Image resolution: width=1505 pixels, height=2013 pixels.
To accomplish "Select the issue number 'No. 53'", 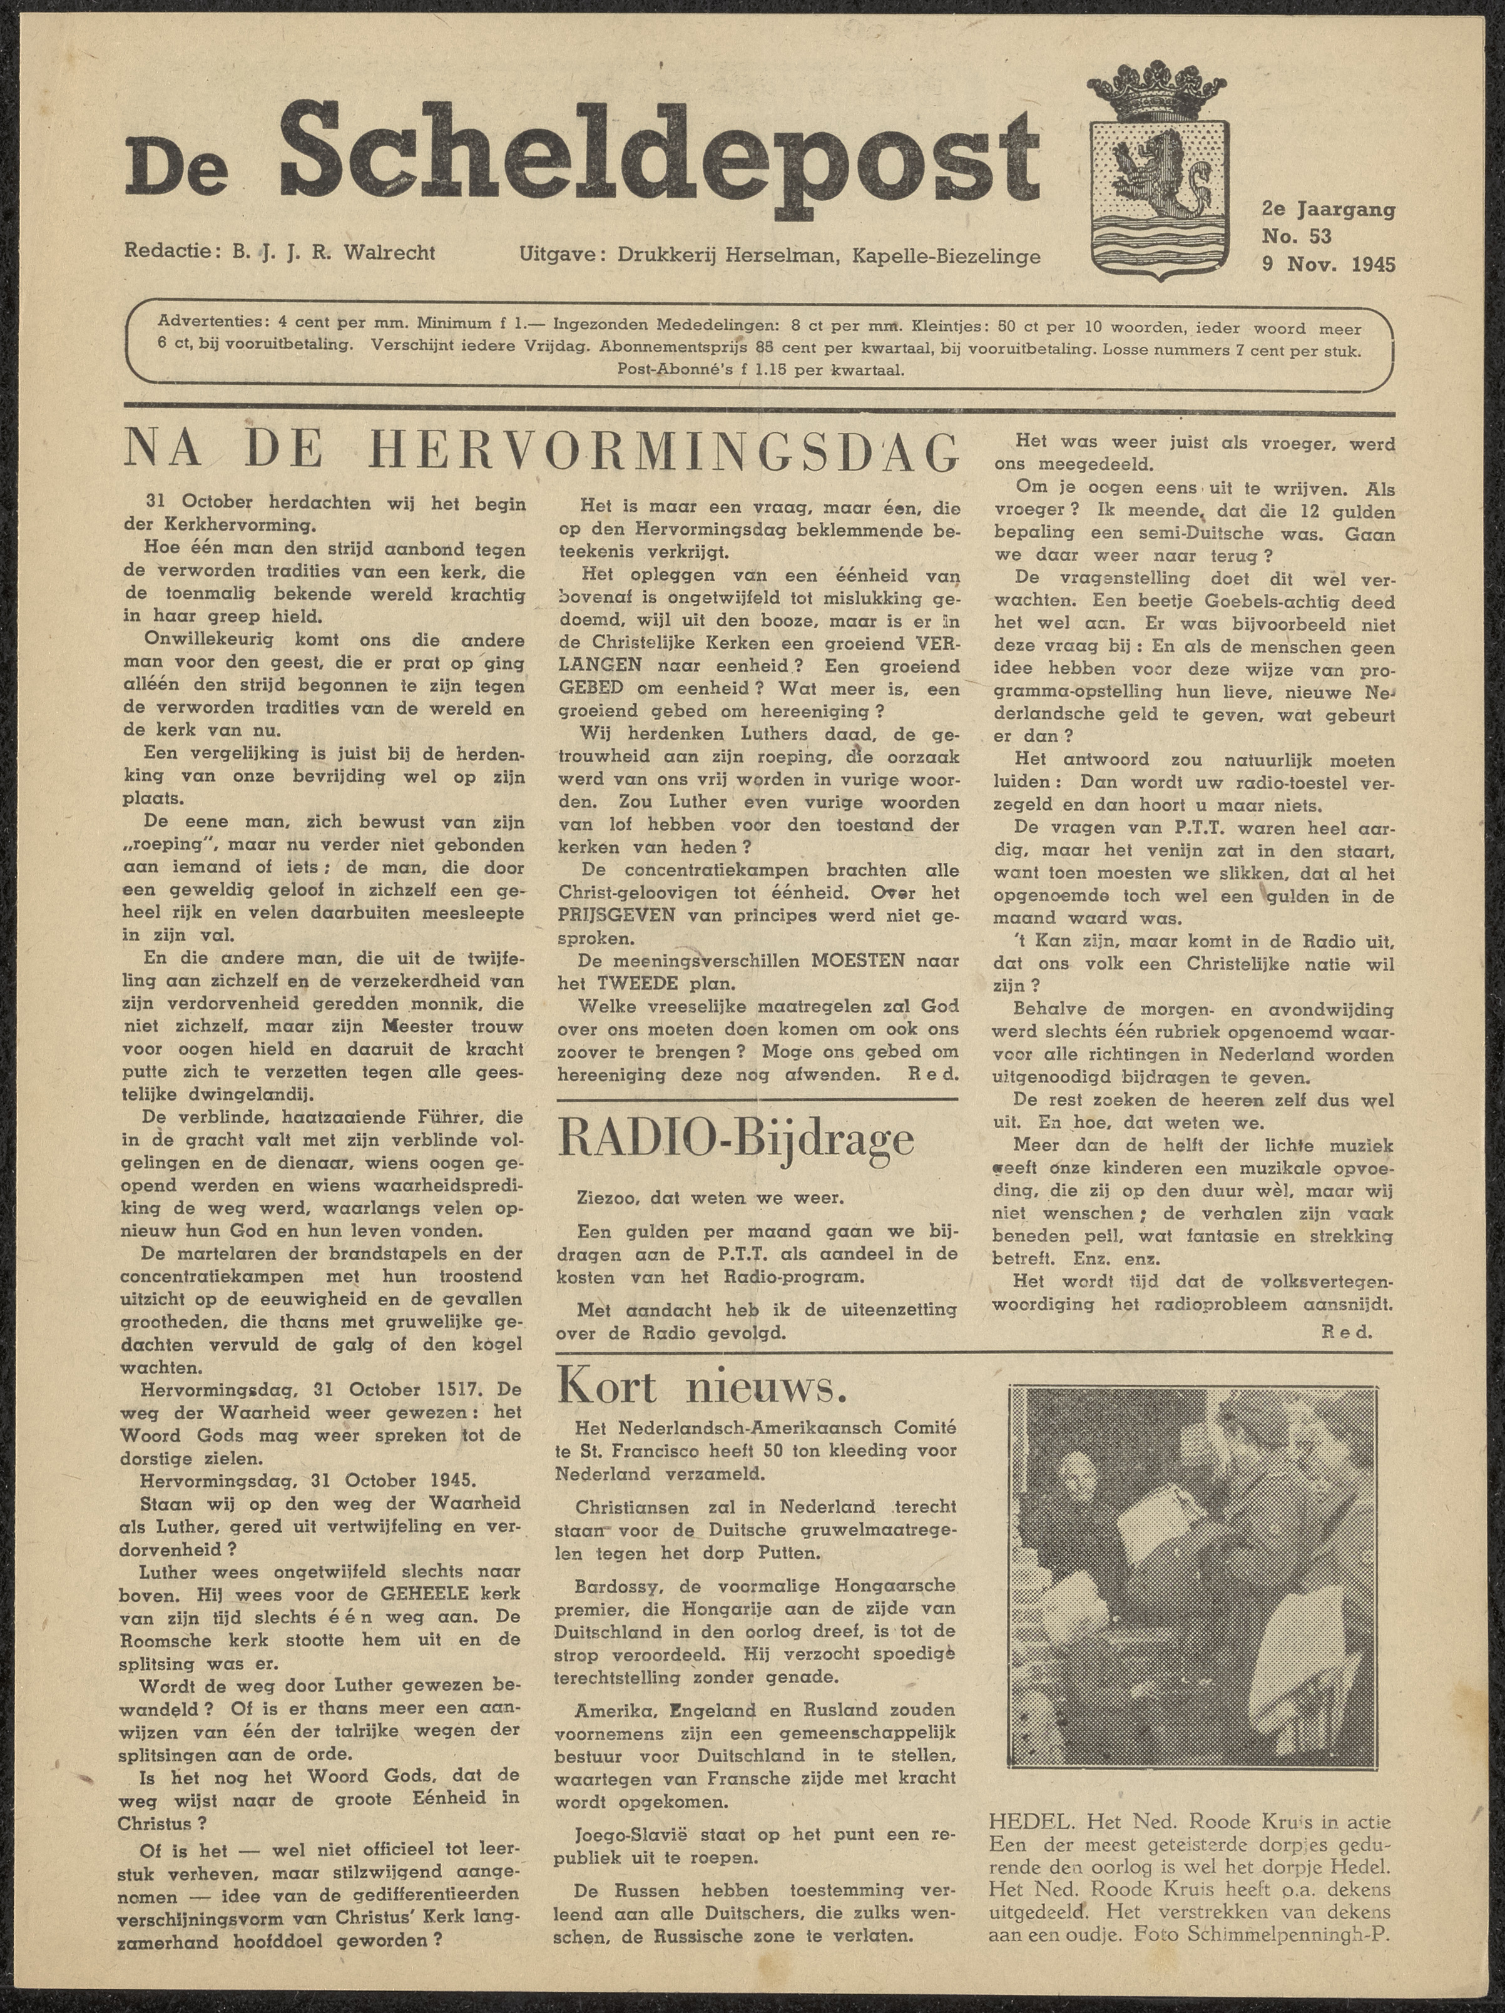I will click(x=1297, y=237).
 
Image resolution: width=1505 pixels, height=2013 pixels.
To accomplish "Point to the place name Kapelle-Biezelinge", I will click(x=946, y=257).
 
